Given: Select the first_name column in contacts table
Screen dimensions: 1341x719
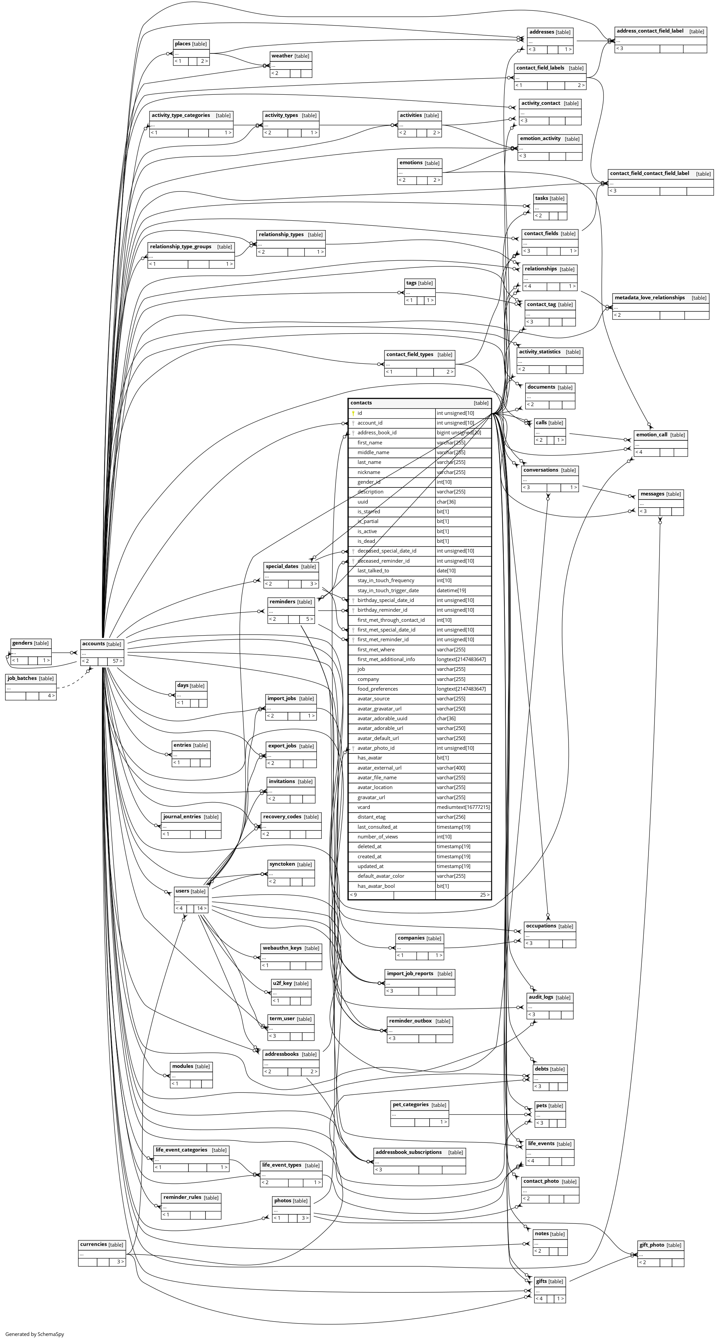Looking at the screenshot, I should (x=370, y=442).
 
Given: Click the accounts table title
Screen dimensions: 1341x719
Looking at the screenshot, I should (x=94, y=644).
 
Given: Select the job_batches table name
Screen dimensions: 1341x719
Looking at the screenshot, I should (x=23, y=678).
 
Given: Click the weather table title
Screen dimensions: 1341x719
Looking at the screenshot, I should (x=282, y=56).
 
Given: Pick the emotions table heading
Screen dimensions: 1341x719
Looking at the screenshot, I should (x=411, y=163).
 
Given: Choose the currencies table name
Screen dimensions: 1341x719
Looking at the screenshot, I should (x=94, y=1244).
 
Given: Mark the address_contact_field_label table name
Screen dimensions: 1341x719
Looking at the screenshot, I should (x=650, y=31).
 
